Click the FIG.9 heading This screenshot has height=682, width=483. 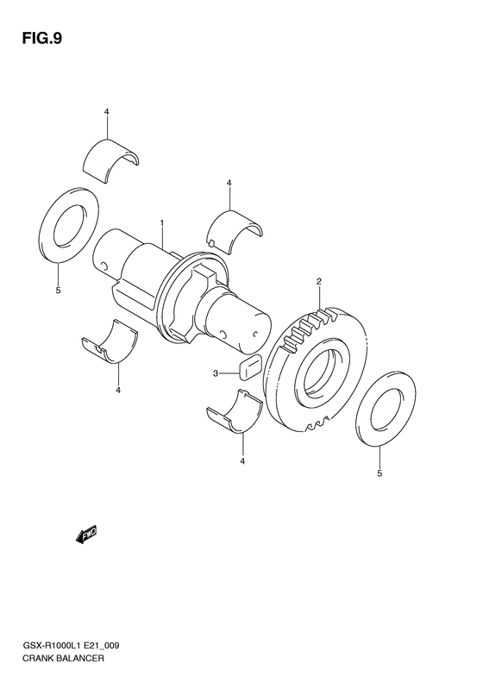pos(41,39)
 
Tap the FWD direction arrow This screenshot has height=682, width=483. pos(86,535)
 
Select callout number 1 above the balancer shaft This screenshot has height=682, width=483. pos(161,222)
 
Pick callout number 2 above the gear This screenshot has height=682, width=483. pos(319,282)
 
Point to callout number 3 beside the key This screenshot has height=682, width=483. pos(216,372)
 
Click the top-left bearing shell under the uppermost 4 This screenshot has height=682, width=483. pos(111,161)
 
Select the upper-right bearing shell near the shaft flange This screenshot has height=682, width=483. pos(234,231)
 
